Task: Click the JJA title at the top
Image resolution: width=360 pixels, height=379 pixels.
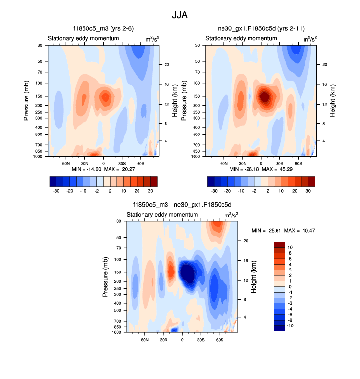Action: [179, 15]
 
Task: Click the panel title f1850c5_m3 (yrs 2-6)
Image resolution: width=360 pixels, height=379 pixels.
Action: [102, 29]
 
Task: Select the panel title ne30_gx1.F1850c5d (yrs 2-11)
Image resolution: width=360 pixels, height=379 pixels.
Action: [260, 29]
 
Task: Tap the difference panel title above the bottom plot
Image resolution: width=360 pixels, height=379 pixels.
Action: [182, 205]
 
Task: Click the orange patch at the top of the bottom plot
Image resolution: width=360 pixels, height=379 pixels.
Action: [216, 227]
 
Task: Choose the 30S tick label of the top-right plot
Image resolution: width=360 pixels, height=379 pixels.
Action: [279, 163]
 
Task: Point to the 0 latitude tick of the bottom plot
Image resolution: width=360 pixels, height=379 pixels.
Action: [182, 339]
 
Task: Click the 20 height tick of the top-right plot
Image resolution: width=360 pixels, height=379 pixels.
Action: [324, 65]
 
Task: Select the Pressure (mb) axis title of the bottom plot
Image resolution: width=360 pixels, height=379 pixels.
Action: [105, 277]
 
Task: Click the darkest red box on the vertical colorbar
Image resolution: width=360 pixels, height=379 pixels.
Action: [279, 244]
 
